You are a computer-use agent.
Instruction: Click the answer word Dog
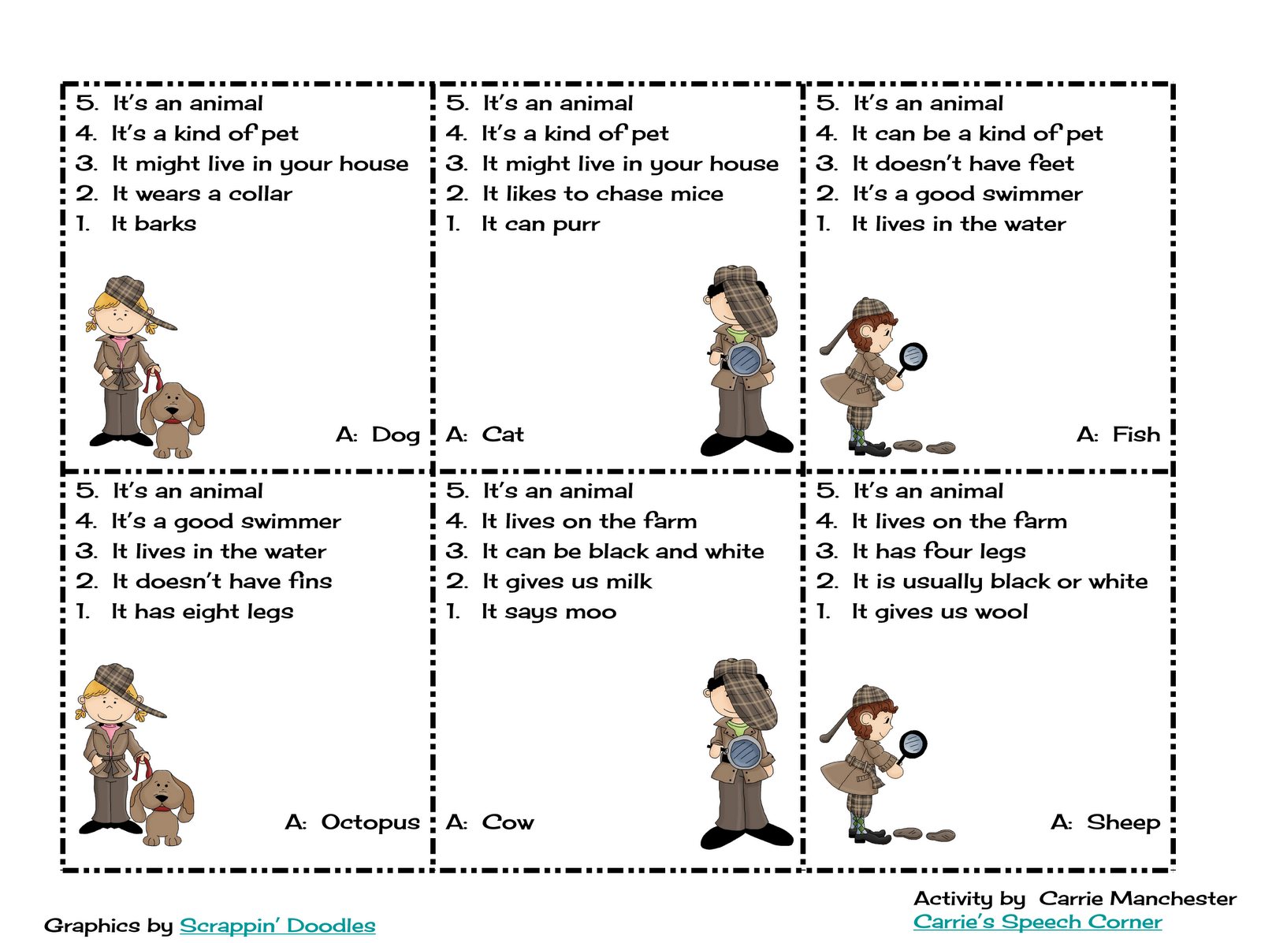tap(396, 434)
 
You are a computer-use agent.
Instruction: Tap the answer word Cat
tap(503, 434)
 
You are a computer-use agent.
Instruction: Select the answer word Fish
tap(1136, 434)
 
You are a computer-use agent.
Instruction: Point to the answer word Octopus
tap(370, 823)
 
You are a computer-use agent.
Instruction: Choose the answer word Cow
tap(508, 822)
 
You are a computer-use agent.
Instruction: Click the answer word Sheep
tap(1123, 823)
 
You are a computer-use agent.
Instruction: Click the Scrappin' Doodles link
tap(277, 925)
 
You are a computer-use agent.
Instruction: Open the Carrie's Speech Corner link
tap(1037, 922)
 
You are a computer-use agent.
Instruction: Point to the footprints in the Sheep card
tap(924, 834)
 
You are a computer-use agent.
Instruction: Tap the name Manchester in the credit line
tap(1138, 898)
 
